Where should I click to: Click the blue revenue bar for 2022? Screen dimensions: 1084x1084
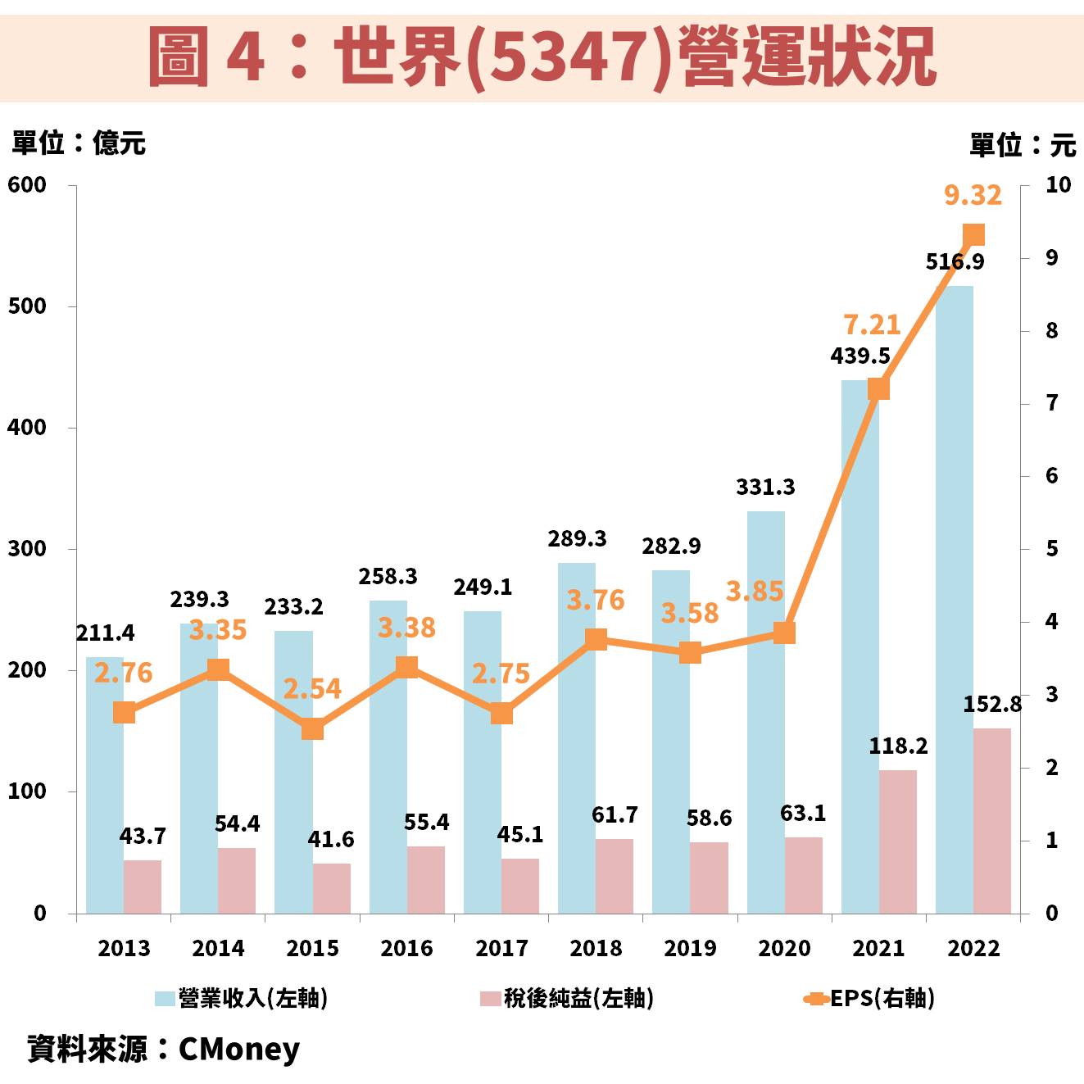click(x=955, y=598)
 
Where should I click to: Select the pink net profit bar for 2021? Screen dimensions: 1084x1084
click(x=898, y=841)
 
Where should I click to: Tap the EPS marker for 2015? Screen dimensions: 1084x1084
click(x=312, y=728)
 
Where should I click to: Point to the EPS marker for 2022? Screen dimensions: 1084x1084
click(x=973, y=236)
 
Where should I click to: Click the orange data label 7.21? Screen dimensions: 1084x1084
click(x=872, y=325)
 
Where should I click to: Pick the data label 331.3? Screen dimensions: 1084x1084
click(x=765, y=487)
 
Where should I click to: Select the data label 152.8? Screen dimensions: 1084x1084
click(x=992, y=705)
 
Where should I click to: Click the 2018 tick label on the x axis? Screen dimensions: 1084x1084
click(x=596, y=948)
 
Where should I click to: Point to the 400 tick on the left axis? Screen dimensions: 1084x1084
click(x=27, y=427)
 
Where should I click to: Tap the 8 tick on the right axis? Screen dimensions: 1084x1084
click(x=1051, y=331)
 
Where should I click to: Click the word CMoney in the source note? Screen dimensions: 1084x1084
click(x=239, y=1049)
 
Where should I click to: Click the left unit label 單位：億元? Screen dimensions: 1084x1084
click(x=79, y=143)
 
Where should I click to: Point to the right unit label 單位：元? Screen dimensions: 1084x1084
click(x=1023, y=145)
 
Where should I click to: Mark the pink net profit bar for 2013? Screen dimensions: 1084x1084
click(x=143, y=887)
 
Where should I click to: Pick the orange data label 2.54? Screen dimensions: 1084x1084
click(x=312, y=689)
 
